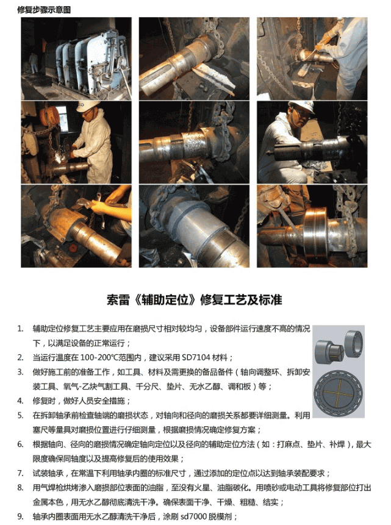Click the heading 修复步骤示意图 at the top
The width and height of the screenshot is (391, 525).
click(x=44, y=10)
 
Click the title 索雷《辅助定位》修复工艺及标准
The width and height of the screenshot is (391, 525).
click(x=195, y=299)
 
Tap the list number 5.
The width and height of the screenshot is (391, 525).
click(x=21, y=415)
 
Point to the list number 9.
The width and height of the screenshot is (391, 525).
click(x=21, y=516)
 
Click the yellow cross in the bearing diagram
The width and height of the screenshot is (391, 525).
click(x=339, y=391)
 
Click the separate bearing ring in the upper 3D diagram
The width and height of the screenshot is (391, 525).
click(x=353, y=341)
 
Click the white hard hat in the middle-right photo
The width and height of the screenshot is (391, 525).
click(x=301, y=106)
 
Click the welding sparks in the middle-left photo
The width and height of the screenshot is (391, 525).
click(x=62, y=155)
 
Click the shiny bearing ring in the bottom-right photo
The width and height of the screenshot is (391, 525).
click(x=315, y=231)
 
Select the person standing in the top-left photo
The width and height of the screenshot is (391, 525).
click(x=34, y=63)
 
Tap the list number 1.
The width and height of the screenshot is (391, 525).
click(x=21, y=329)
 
